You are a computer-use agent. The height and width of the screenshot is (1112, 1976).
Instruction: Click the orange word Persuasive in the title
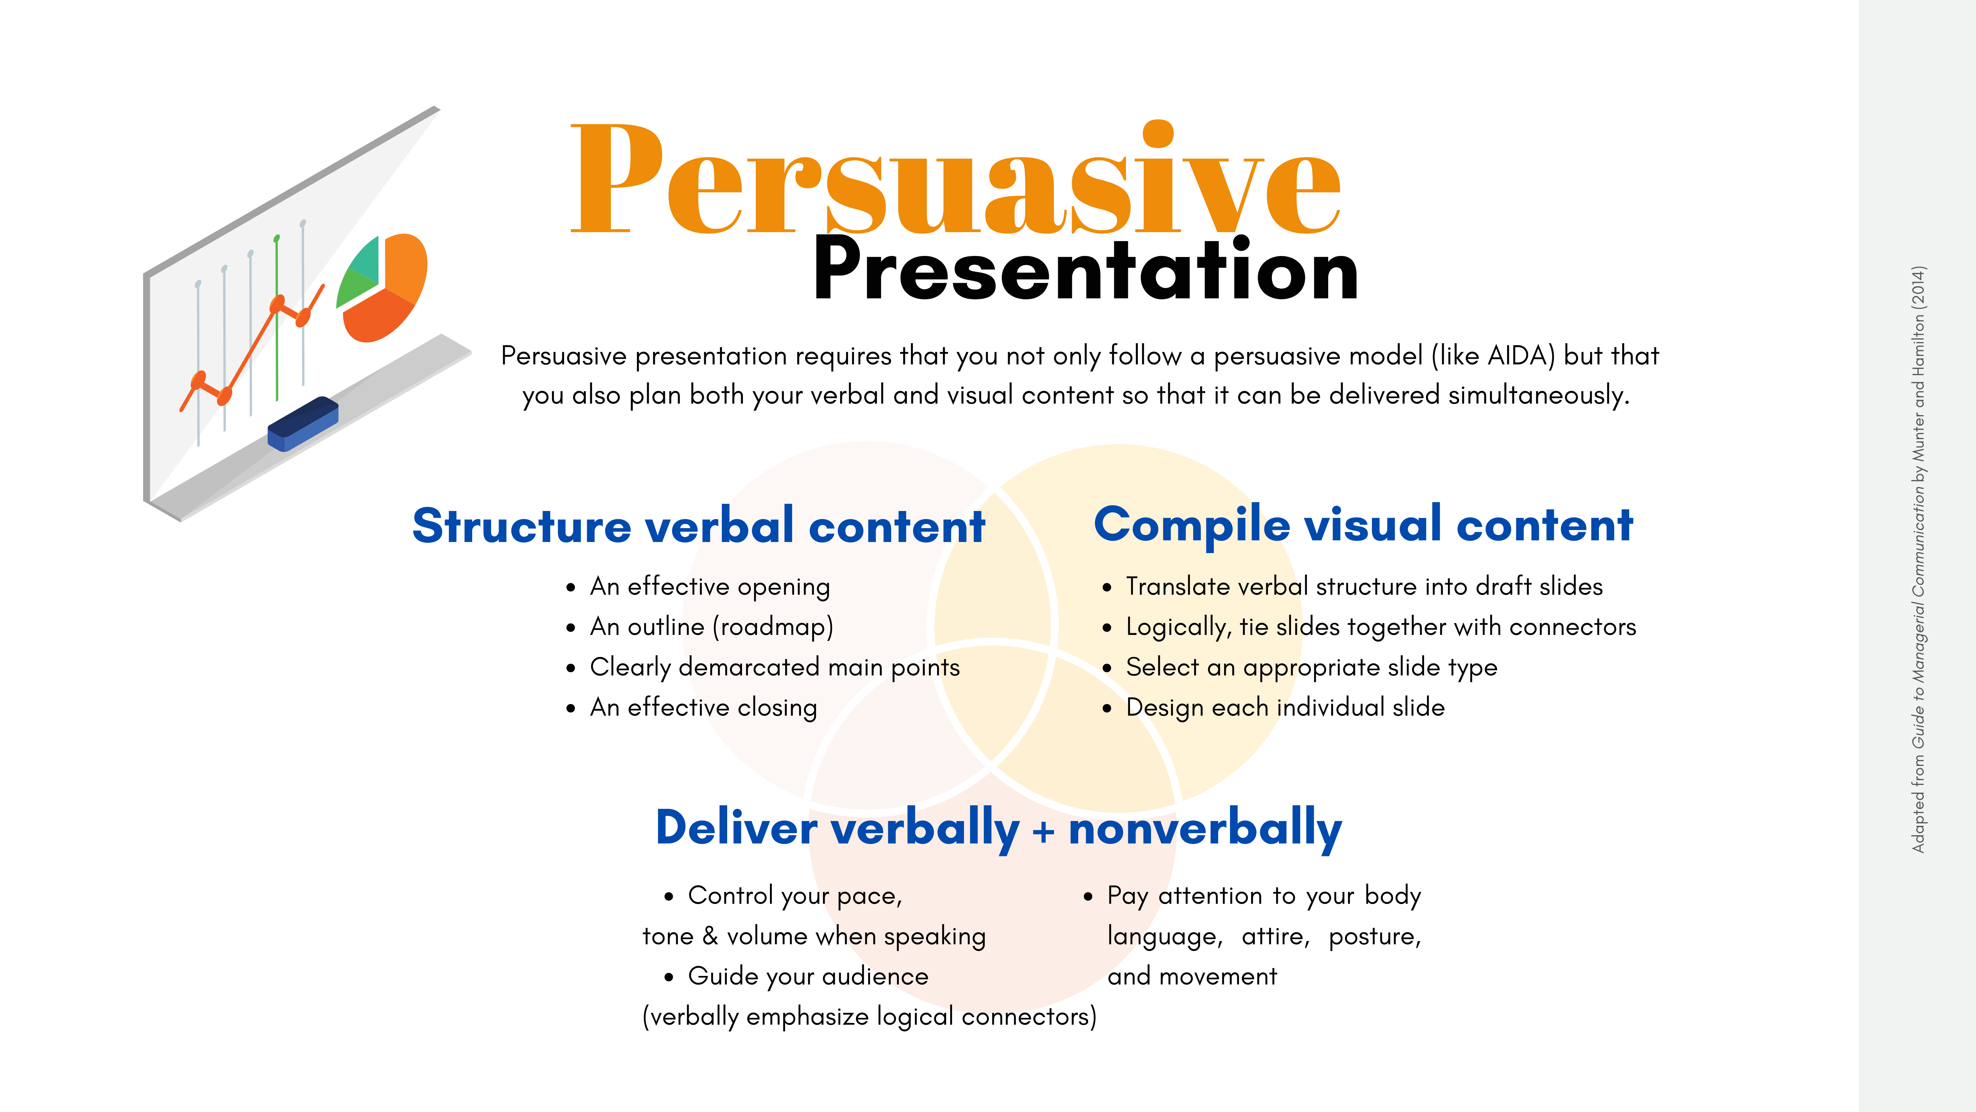955,180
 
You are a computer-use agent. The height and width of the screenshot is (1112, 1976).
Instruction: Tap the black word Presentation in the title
1085,270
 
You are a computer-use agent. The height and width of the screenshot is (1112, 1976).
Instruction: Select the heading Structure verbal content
698,527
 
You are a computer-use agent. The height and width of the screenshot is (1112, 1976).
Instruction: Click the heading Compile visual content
1363,526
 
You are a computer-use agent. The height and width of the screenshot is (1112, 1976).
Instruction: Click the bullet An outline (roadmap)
711,627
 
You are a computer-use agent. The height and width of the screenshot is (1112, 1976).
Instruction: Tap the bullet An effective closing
703,708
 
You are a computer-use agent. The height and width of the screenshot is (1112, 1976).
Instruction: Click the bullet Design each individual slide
1285,708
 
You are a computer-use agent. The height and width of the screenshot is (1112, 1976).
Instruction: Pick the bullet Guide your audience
808,976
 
